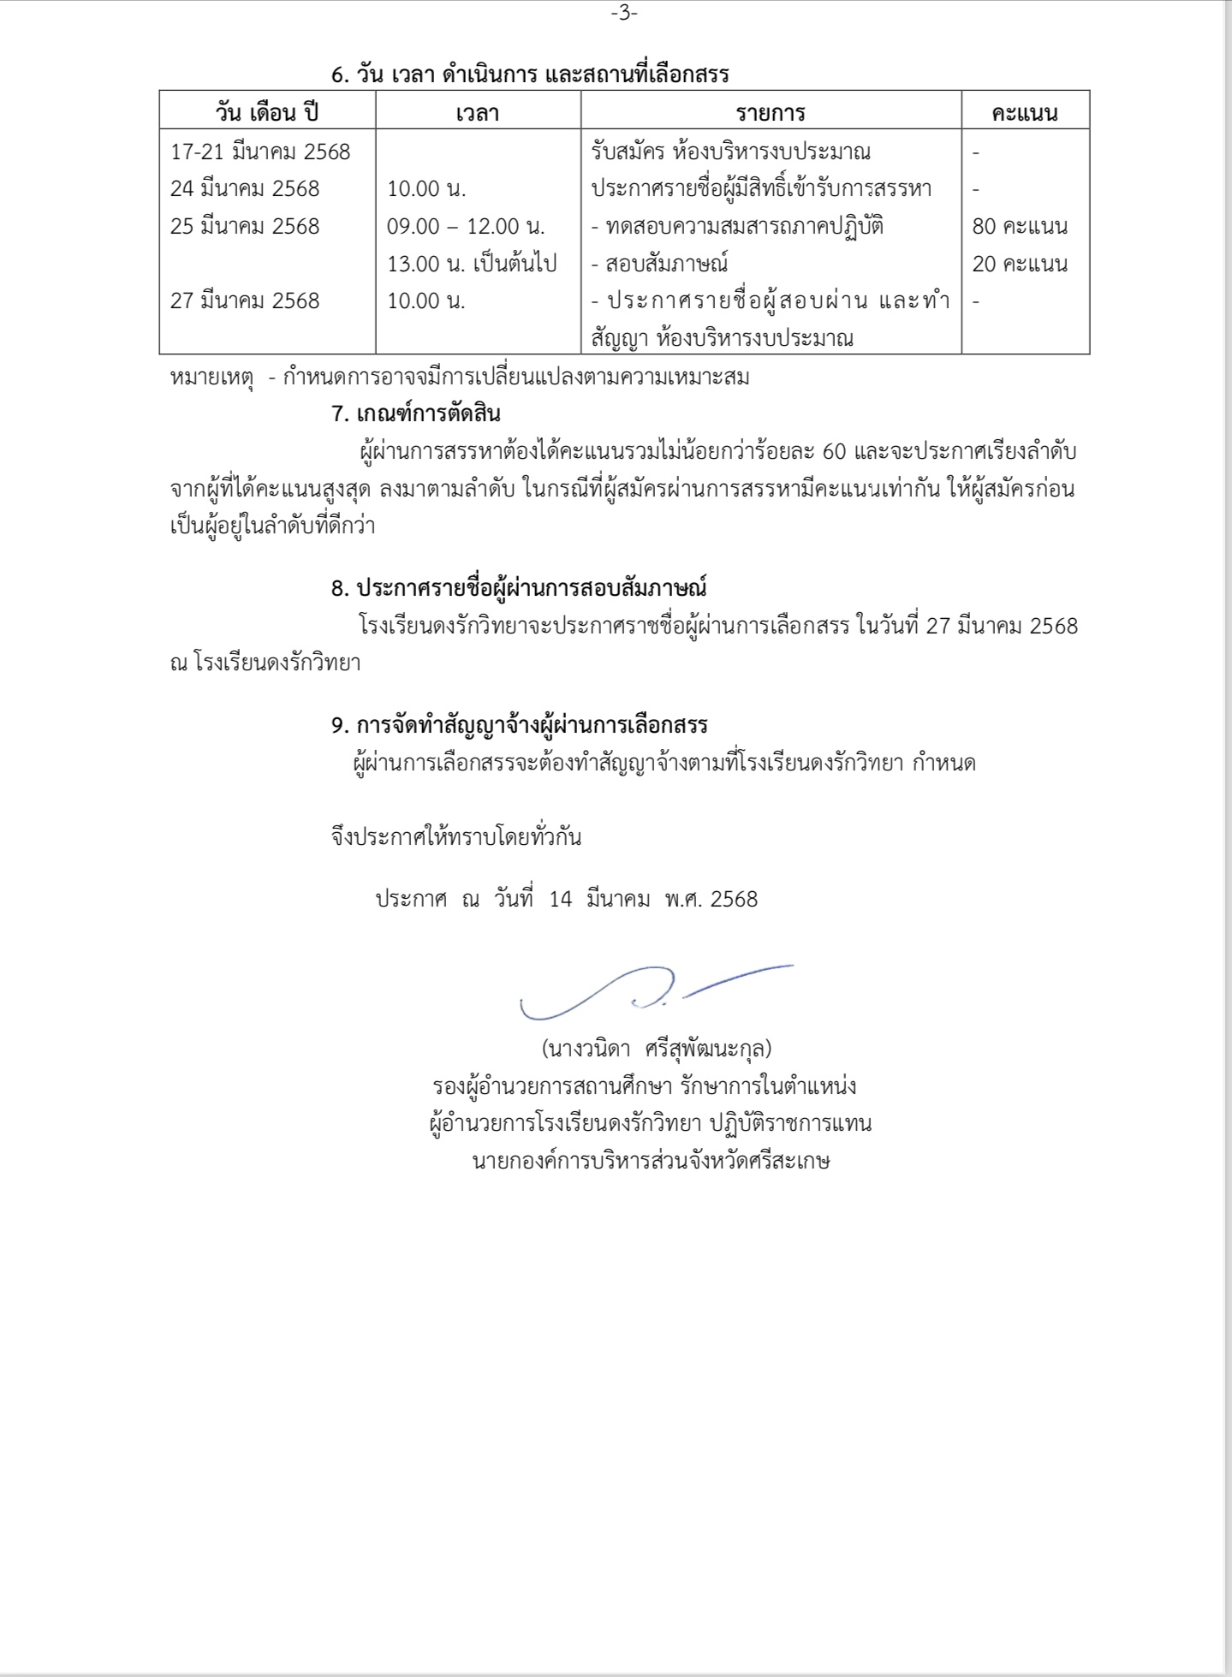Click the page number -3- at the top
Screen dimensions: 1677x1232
pos(624,14)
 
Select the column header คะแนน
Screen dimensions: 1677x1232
pos(1024,113)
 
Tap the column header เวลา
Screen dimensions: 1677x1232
pos(478,113)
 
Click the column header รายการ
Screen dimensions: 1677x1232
pos(771,113)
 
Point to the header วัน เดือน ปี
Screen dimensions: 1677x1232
pos(267,113)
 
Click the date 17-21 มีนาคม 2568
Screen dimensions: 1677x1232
pos(260,152)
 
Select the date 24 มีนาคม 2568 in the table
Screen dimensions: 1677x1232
pos(245,188)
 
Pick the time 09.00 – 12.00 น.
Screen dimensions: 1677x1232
pos(467,226)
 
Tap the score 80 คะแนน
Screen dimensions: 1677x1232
pos(1020,226)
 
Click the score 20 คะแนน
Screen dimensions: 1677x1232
pos(1020,264)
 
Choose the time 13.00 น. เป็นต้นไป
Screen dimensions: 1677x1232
pos(472,264)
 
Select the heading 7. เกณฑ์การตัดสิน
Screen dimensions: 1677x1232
pos(415,413)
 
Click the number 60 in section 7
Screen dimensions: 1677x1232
pos(833,451)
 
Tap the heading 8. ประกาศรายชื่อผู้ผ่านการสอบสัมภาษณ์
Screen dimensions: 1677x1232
pos(519,588)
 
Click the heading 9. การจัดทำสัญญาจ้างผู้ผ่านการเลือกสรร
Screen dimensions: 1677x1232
pos(519,725)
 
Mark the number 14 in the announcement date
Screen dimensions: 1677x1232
pos(560,899)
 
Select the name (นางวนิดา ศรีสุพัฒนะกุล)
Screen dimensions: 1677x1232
pos(657,1048)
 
